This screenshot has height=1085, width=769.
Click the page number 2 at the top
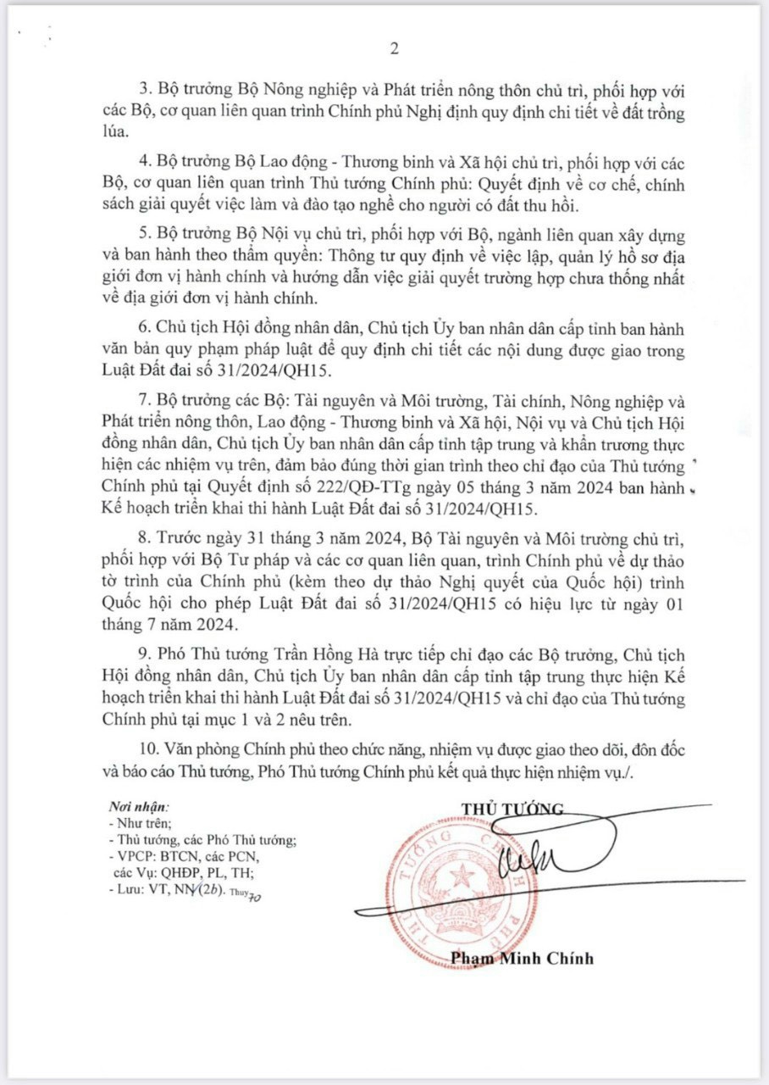394,48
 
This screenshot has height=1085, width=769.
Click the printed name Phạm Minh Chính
522,959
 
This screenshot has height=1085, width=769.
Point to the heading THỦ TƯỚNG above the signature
512,808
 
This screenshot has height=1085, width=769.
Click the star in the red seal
462,876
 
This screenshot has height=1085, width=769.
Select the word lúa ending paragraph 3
113,133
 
